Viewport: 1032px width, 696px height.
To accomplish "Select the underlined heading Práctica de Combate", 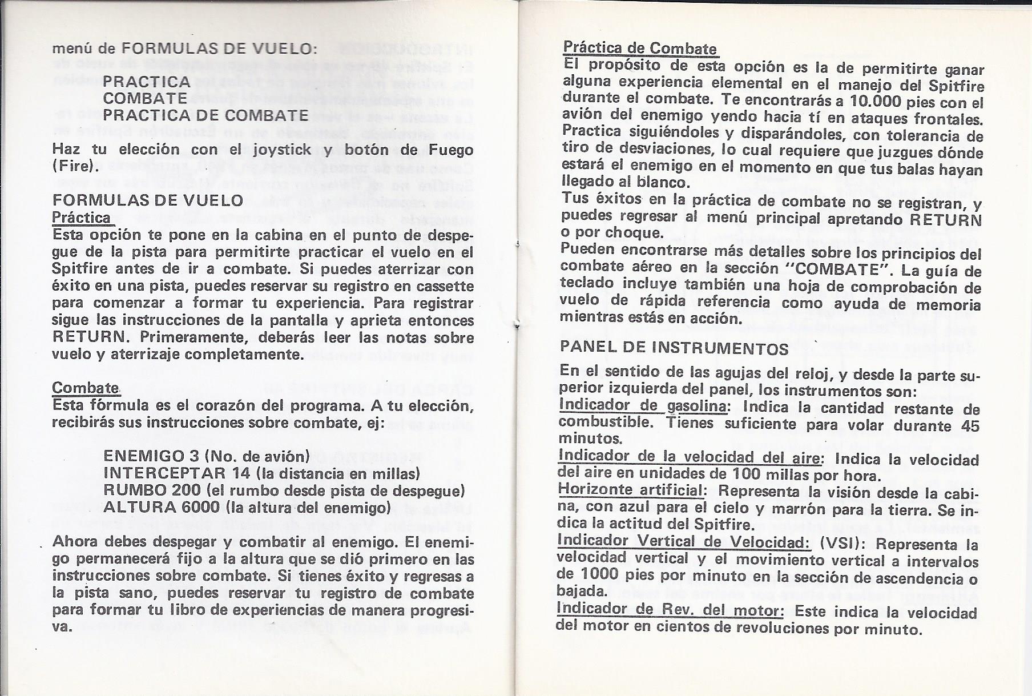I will tap(639, 48).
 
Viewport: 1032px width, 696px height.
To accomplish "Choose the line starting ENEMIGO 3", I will tap(206, 456).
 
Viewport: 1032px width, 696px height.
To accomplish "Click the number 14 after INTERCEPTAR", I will tap(241, 473).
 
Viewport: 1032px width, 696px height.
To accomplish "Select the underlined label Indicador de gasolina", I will tap(643, 406).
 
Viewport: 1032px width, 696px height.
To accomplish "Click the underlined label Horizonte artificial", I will tap(629, 490).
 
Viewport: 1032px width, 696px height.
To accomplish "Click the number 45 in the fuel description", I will tap(970, 425).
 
